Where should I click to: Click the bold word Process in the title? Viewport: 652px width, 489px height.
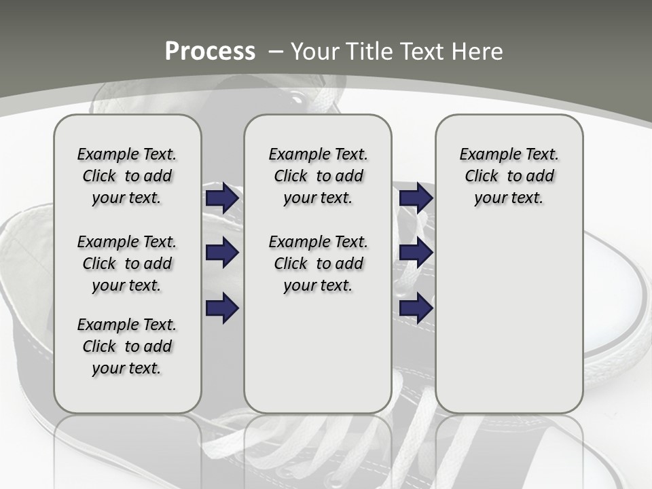pos(210,52)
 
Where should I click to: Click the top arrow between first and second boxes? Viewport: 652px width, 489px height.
pos(222,198)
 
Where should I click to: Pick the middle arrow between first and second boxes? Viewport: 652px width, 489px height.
pos(222,253)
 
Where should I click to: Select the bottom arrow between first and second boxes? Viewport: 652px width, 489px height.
pos(222,308)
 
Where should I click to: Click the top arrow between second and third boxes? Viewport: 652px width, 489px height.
pos(416,198)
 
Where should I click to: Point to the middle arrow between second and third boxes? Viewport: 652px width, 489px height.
pos(416,253)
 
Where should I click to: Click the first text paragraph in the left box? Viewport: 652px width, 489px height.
pos(127,176)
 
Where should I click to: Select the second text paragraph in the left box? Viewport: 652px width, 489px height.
pos(127,264)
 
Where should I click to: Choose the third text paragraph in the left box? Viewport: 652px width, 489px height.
pos(127,346)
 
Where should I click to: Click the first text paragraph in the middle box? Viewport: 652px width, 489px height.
pos(318,176)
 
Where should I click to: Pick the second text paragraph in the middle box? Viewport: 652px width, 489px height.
pos(318,264)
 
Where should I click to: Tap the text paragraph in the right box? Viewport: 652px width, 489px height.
pos(509,176)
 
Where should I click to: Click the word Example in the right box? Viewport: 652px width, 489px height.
pos(485,154)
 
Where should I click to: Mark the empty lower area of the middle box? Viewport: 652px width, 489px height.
pos(318,353)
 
